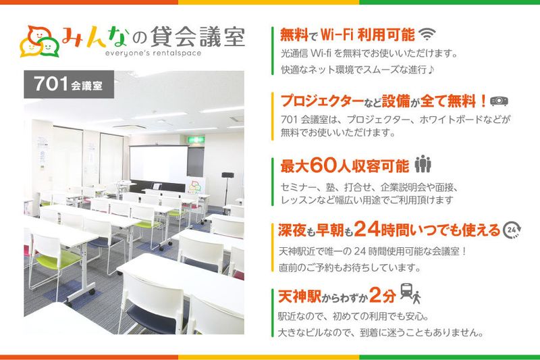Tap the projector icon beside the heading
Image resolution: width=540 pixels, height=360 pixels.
tap(499, 101)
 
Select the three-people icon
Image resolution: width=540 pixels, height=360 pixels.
tap(423, 164)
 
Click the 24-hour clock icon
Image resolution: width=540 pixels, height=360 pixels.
tap(512, 230)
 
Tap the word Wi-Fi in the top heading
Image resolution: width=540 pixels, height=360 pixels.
tap(343, 34)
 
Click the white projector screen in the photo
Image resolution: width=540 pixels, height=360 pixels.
tap(158, 163)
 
